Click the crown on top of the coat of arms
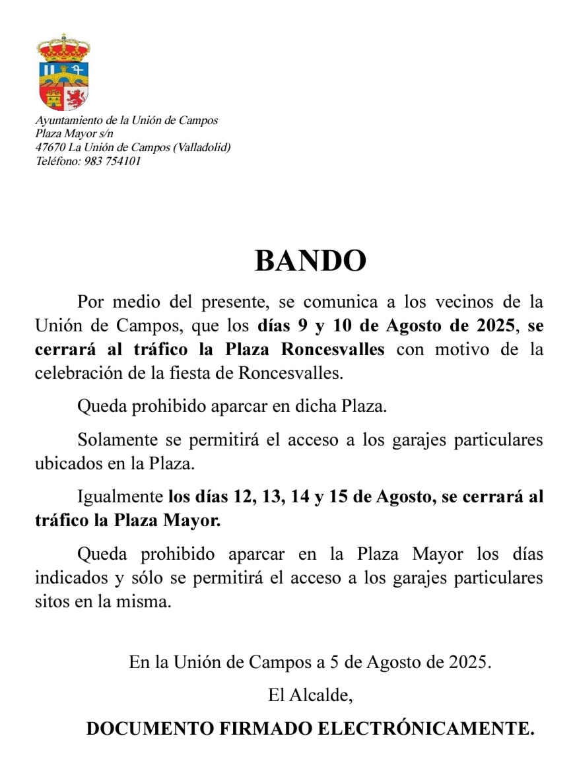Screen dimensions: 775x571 pos(63,48)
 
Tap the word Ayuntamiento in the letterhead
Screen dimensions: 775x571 pos(61,121)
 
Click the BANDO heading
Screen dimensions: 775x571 pos(310,261)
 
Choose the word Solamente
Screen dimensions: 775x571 pos(118,440)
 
